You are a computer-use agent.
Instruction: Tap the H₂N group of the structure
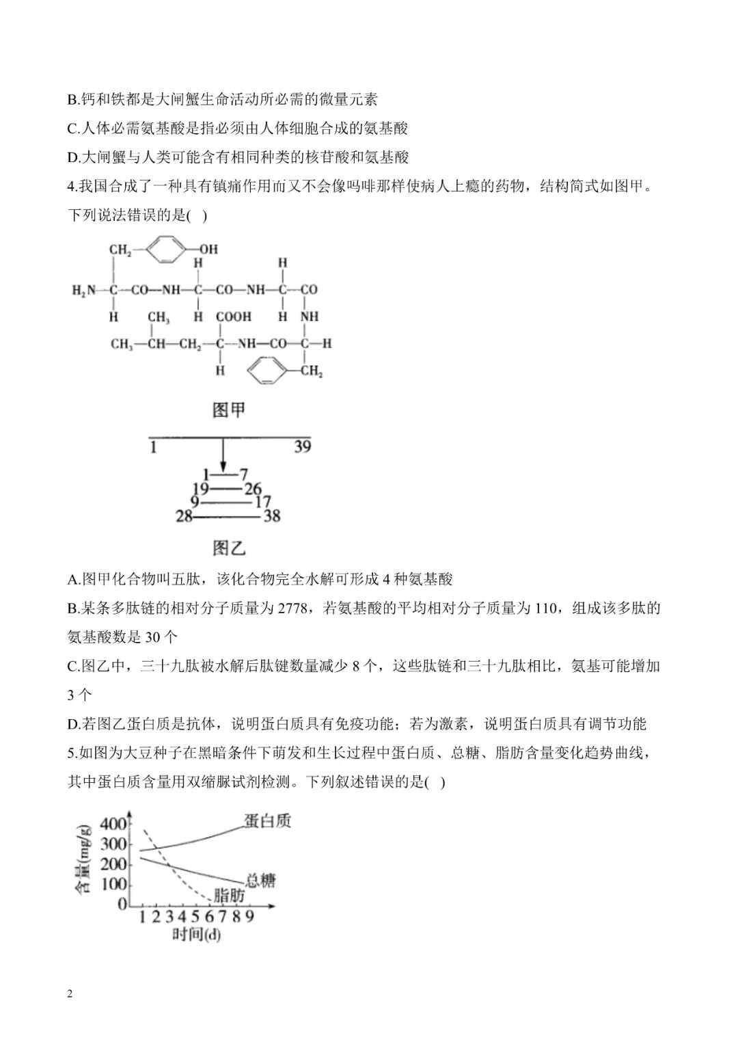click(84, 290)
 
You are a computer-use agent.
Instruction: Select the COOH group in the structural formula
click(234, 317)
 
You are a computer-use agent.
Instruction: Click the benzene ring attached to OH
click(167, 250)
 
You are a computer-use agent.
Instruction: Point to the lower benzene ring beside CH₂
click(264, 371)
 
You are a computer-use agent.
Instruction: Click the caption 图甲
click(228, 410)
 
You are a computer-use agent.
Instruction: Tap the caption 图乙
click(228, 548)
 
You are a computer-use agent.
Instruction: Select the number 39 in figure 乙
click(302, 446)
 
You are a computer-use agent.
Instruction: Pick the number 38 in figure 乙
click(272, 516)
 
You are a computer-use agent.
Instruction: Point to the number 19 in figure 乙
click(200, 488)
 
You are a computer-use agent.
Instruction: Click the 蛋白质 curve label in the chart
click(266, 820)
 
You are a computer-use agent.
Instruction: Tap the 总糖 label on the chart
click(260, 880)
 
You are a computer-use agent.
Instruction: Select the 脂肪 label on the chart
click(230, 895)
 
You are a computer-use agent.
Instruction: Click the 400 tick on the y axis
click(113, 824)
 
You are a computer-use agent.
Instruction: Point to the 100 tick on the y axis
click(113, 884)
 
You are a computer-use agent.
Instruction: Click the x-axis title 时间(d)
click(196, 934)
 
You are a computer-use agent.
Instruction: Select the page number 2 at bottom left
click(70, 993)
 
